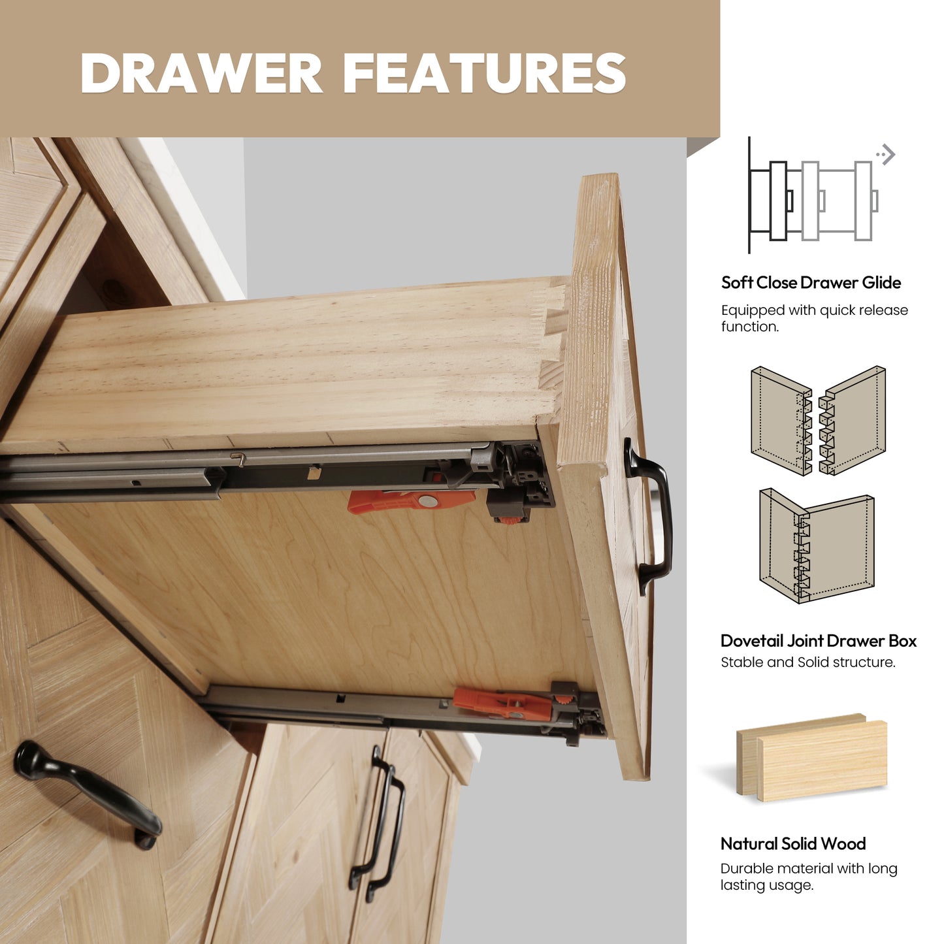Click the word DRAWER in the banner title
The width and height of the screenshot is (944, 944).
tap(201, 73)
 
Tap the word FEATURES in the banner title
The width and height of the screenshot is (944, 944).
tap(485, 73)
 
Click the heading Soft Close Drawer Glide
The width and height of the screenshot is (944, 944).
tap(811, 283)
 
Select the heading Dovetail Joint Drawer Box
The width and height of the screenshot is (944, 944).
tap(818, 641)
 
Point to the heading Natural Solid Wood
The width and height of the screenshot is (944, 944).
tap(793, 843)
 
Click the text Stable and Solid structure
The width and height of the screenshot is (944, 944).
tap(808, 662)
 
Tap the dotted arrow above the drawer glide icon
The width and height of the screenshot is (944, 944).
tap(886, 155)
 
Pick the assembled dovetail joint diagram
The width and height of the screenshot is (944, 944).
tap(817, 545)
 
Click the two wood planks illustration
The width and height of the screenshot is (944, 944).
tap(812, 758)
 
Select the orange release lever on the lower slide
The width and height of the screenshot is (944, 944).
tap(502, 702)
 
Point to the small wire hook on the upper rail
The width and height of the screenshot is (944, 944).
tap(239, 459)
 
